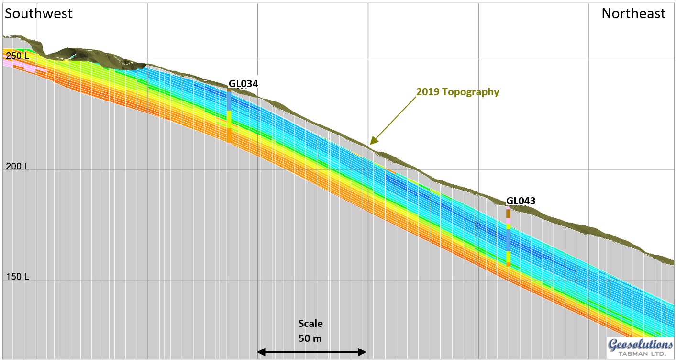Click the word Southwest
click(39, 13)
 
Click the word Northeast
click(633, 13)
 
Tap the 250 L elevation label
click(17, 56)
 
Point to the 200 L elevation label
click(17, 167)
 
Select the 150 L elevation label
click(17, 277)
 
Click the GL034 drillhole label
click(243, 84)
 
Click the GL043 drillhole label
click(521, 201)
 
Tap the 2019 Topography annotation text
click(457, 92)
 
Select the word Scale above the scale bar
click(310, 324)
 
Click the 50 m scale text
click(310, 338)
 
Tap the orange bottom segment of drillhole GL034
click(229, 135)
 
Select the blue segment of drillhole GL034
click(229, 101)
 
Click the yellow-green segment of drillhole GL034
click(229, 119)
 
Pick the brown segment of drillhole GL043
click(509, 214)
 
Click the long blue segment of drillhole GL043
click(509, 239)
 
